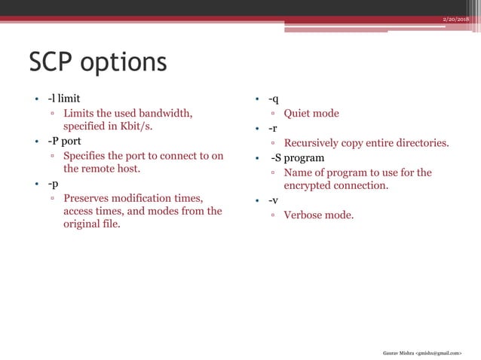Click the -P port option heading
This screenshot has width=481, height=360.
coord(64,141)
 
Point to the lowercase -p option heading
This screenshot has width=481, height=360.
coord(53,184)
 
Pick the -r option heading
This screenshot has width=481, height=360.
coord(273,128)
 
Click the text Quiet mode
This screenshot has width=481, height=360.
coord(311,114)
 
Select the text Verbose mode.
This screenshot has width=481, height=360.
coord(318,215)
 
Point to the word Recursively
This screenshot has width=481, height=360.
coord(317,143)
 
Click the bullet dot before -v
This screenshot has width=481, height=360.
coord(257,201)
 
